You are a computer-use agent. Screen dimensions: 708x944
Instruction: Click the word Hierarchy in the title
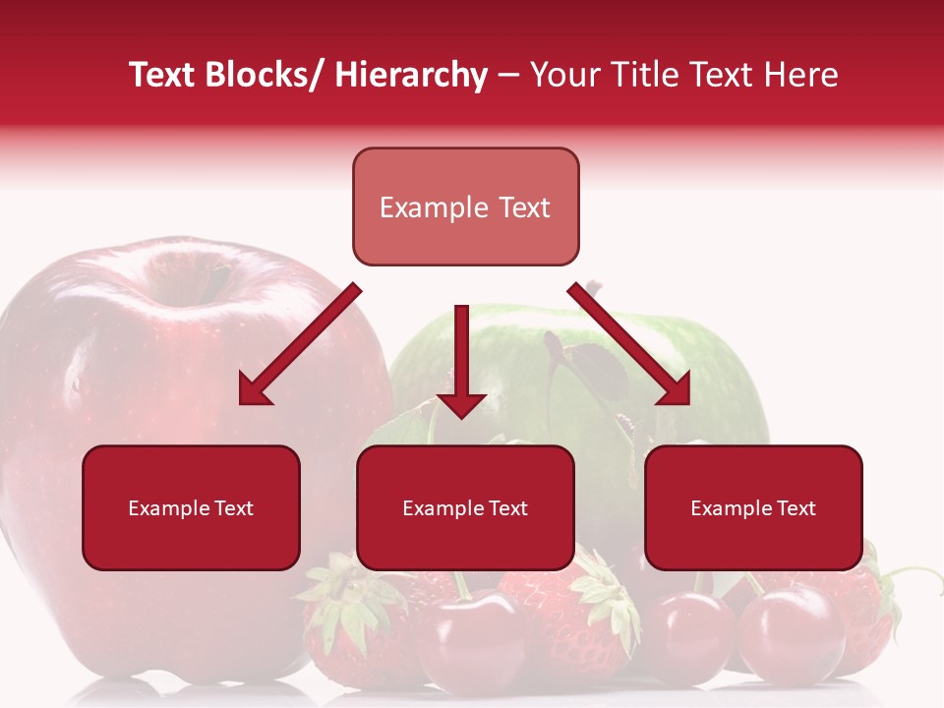pyautogui.click(x=410, y=75)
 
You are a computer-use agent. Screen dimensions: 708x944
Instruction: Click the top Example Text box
pyautogui.click(x=465, y=206)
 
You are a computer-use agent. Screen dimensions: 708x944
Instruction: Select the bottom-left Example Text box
pyautogui.click(x=191, y=507)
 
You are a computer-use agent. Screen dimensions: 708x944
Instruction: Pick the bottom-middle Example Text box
pyautogui.click(x=465, y=507)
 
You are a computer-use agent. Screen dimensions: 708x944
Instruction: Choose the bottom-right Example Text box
pyautogui.click(x=753, y=507)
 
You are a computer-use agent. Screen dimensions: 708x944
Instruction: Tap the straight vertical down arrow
pyautogui.click(x=461, y=359)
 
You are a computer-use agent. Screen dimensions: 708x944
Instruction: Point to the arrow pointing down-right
pyautogui.click(x=629, y=344)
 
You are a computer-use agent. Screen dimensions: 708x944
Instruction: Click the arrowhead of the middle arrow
pyautogui.click(x=461, y=403)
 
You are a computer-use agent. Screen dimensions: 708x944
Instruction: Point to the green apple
pyautogui.click(x=708, y=383)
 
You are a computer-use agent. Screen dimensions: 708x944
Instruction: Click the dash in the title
pyautogui.click(x=507, y=76)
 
